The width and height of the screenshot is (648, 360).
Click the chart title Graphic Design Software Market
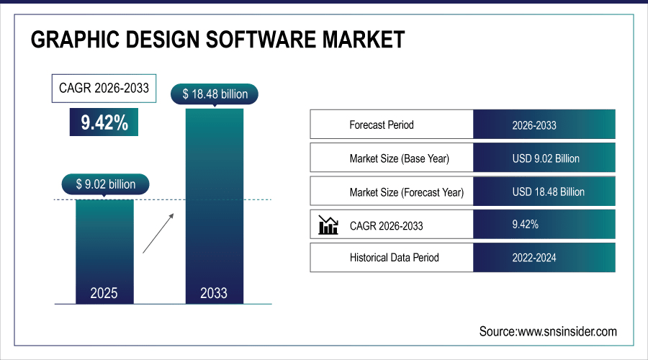point(217,40)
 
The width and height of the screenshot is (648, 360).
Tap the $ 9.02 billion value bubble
point(106,184)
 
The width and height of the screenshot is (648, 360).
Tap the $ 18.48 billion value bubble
point(214,94)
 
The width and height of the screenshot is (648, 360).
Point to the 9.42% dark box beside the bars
point(104,122)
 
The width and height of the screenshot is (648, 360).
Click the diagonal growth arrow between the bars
point(158,233)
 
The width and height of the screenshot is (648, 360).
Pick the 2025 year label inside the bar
point(104,293)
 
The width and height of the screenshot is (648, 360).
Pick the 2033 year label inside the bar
point(214,293)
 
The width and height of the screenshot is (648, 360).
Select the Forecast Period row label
point(382,125)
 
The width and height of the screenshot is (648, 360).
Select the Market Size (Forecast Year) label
point(406,192)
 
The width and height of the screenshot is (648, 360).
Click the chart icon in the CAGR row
point(328,225)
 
